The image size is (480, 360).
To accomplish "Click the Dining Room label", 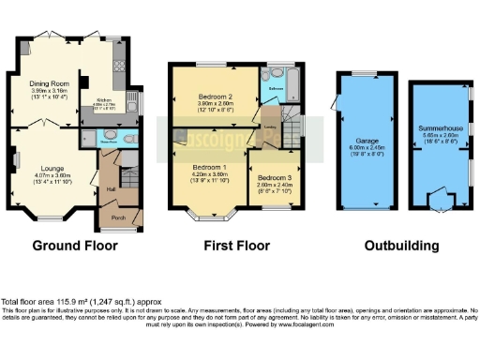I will coord(48,82).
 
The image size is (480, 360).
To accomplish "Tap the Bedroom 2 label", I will coord(215,97).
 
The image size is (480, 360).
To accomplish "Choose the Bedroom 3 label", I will coord(274,178).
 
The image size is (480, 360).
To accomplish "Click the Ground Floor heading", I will coord(75,247).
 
